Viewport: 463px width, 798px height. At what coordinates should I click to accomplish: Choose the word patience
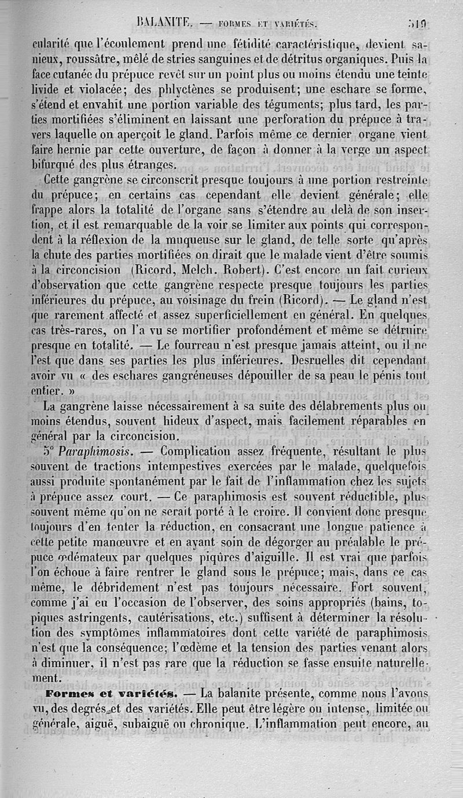point(389,526)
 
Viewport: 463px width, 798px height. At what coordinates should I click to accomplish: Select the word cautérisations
point(177,617)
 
